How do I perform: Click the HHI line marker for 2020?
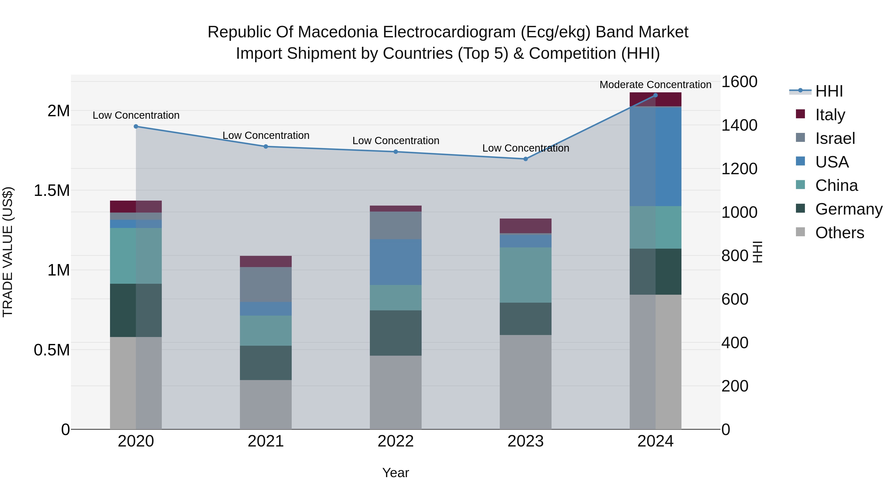click(136, 127)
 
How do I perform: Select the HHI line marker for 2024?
click(655, 95)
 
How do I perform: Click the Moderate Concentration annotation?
click(655, 85)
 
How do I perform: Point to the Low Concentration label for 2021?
click(266, 136)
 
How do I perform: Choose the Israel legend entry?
click(835, 138)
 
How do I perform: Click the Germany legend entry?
click(849, 209)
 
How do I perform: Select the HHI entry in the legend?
click(829, 91)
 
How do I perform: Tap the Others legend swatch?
click(800, 232)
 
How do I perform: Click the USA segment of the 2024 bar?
click(655, 157)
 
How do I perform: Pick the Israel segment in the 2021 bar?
click(266, 284)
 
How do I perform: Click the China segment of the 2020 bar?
click(136, 256)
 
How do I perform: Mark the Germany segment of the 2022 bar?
click(395, 333)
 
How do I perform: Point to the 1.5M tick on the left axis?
click(52, 191)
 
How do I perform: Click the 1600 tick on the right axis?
click(739, 82)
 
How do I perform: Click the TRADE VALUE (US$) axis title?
click(8, 252)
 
